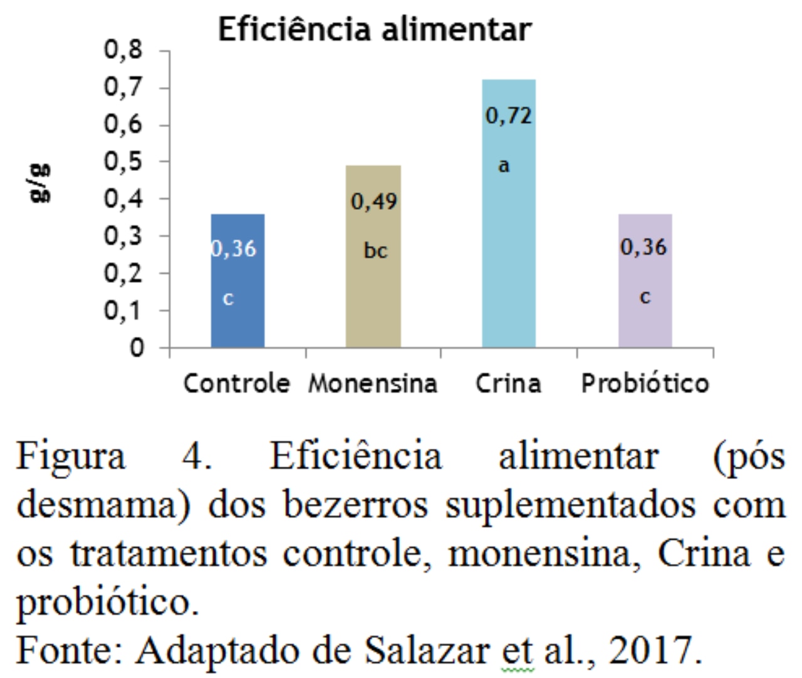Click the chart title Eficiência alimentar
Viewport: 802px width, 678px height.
pyautogui.click(x=374, y=29)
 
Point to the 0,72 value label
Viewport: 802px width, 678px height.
pyautogui.click(x=509, y=116)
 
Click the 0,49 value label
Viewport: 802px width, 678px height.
pyautogui.click(x=374, y=202)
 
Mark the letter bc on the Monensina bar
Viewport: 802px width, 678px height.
pyautogui.click(x=375, y=251)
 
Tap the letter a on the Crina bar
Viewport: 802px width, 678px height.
pyautogui.click(x=504, y=166)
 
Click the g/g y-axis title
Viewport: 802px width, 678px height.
pyautogui.click(x=41, y=183)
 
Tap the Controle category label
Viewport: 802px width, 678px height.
pyautogui.click(x=237, y=383)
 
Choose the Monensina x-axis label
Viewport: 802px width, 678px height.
pyautogui.click(x=373, y=383)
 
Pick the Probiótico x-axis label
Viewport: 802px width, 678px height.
pyautogui.click(x=645, y=383)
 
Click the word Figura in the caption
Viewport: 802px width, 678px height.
pyautogui.click(x=70, y=457)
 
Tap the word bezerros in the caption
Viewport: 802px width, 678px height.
pyautogui.click(x=355, y=505)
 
